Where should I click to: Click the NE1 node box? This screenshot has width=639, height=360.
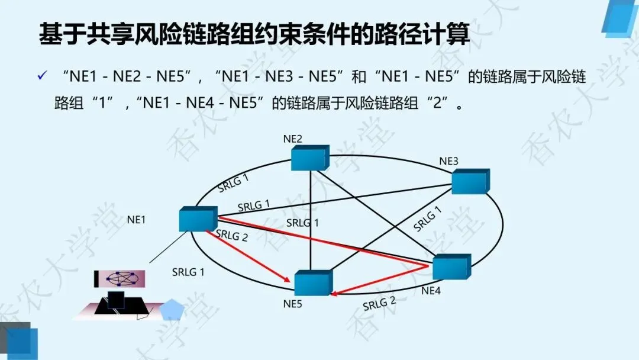[198, 219]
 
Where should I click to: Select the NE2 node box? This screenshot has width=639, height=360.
[309, 158]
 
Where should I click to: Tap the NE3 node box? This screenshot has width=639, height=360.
[470, 182]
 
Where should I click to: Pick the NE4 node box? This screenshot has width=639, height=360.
[451, 267]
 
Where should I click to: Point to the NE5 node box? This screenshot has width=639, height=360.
[313, 284]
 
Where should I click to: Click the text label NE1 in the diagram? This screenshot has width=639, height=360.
[136, 220]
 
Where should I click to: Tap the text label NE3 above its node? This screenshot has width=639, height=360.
[448, 161]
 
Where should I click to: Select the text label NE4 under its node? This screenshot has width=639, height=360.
[431, 291]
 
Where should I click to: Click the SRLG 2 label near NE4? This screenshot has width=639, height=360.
[379, 304]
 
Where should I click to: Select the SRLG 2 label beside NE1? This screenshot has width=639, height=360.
[232, 234]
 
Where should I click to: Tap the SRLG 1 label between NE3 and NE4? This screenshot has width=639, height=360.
[428, 218]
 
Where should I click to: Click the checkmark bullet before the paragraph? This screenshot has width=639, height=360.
[42, 76]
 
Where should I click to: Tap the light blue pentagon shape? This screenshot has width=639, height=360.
[172, 310]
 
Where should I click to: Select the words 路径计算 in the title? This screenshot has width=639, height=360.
[430, 36]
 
